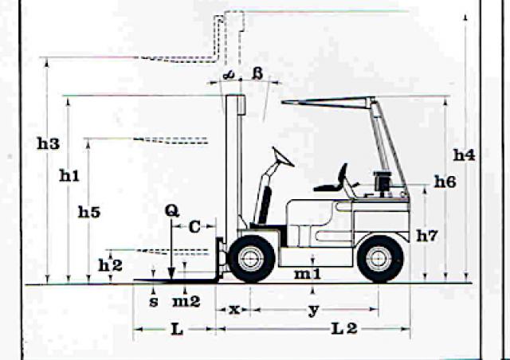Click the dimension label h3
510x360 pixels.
(48, 143)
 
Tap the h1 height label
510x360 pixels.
(69, 175)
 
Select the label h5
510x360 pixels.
(89, 212)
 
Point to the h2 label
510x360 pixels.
(110, 266)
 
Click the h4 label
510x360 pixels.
(464, 155)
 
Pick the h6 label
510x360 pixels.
(445, 182)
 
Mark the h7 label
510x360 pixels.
(427, 236)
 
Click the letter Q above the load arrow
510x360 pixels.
(172, 211)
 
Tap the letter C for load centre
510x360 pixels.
(194, 227)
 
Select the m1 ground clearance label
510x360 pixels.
(308, 274)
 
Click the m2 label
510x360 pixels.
(186, 302)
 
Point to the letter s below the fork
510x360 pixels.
(154, 302)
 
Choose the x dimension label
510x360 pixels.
(234, 310)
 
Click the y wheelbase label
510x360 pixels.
(313, 311)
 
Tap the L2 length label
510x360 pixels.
(344, 329)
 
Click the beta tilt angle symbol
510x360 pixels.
(257, 74)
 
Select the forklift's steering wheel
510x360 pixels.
(283, 157)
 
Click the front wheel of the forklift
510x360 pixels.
(252, 259)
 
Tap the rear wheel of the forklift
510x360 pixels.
(380, 259)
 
